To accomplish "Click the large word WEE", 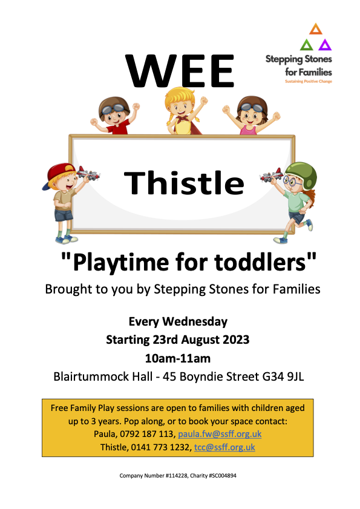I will tap(180, 71).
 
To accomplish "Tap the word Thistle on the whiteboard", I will tap(184, 182).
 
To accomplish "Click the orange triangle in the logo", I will tap(315, 28).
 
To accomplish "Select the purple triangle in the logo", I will tap(325, 44).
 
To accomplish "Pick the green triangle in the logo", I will tap(307, 44).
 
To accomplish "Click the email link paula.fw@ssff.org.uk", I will tap(220, 435).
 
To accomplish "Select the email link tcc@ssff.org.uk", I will tap(224, 448).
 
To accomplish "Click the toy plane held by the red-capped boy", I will tap(88, 175).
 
